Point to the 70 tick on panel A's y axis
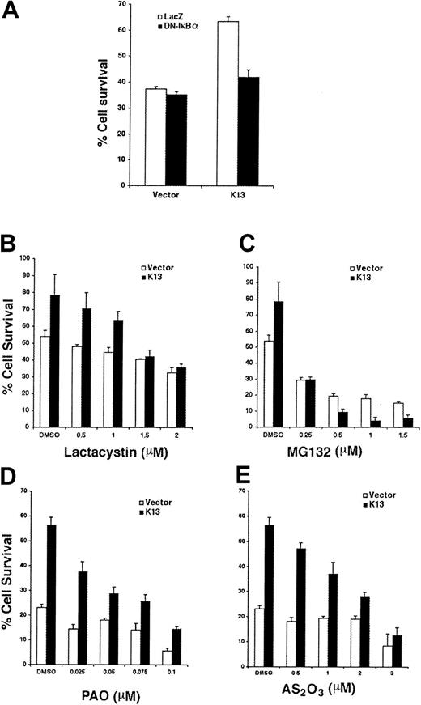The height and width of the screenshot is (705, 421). [x=117, y=4]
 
